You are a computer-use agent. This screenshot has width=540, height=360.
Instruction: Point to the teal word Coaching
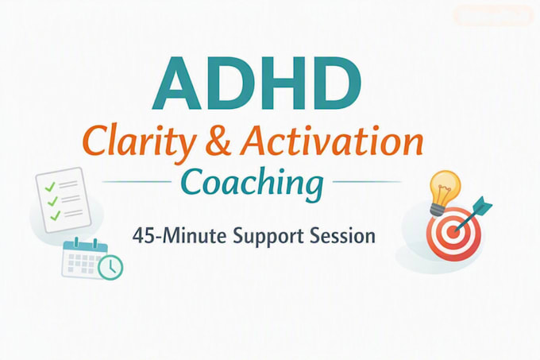pos(252,184)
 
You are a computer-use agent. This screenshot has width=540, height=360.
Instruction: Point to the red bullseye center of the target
pos(454,230)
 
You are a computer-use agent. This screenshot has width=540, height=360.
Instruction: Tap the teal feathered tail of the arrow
pos(483,205)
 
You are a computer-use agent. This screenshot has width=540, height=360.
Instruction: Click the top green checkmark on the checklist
pos(50,187)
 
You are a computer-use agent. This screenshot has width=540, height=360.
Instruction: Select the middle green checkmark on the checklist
pos(52,201)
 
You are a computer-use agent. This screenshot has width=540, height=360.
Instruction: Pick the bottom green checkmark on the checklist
pos(55,215)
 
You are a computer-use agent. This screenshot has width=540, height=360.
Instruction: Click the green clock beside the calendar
pos(110,267)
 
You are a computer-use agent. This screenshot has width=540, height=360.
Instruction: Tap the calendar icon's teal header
pos(86,246)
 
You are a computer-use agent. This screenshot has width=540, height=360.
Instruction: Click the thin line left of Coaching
pos(137,181)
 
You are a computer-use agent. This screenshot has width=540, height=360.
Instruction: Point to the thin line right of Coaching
pos(367,181)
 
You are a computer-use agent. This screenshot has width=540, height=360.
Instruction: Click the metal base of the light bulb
pos(438,210)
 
